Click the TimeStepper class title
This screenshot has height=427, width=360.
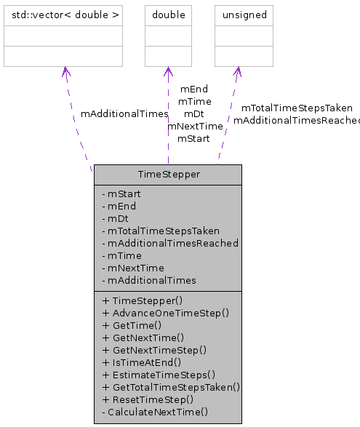(167, 175)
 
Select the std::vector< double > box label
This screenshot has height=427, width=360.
(63, 15)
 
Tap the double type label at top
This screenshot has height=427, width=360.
(168, 15)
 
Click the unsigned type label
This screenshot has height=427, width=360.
(244, 15)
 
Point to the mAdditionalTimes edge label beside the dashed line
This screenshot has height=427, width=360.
(124, 114)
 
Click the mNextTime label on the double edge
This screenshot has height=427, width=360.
(195, 126)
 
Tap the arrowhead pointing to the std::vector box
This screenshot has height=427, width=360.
(65, 71)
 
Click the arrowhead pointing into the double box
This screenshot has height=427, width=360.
(168, 71)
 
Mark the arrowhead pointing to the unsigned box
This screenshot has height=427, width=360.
(237, 71)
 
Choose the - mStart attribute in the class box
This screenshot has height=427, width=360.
(121, 194)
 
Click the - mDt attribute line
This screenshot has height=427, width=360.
(116, 218)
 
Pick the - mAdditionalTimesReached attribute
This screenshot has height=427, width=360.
(170, 243)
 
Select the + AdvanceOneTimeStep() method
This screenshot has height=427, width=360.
(166, 313)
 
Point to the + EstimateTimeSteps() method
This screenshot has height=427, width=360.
(159, 375)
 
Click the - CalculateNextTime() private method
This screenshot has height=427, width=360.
(155, 412)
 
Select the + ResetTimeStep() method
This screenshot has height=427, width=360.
(148, 399)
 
